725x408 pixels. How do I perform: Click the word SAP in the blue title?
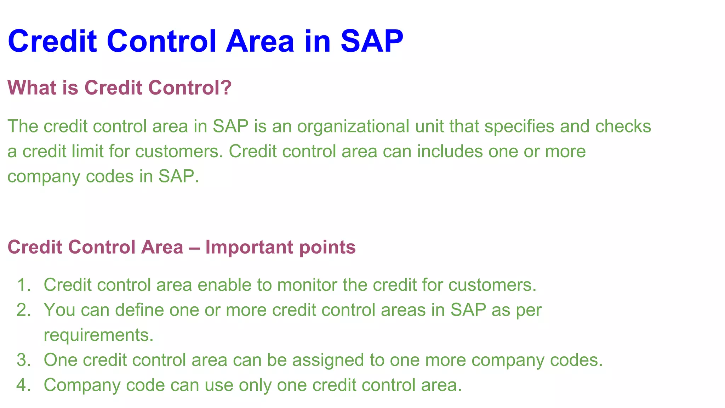point(372,41)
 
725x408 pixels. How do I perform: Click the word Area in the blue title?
point(260,41)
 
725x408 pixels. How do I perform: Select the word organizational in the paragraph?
point(353,126)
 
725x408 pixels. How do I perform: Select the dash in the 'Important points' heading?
point(194,247)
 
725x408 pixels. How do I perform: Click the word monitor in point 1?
point(307,285)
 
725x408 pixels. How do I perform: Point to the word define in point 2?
point(139,310)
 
